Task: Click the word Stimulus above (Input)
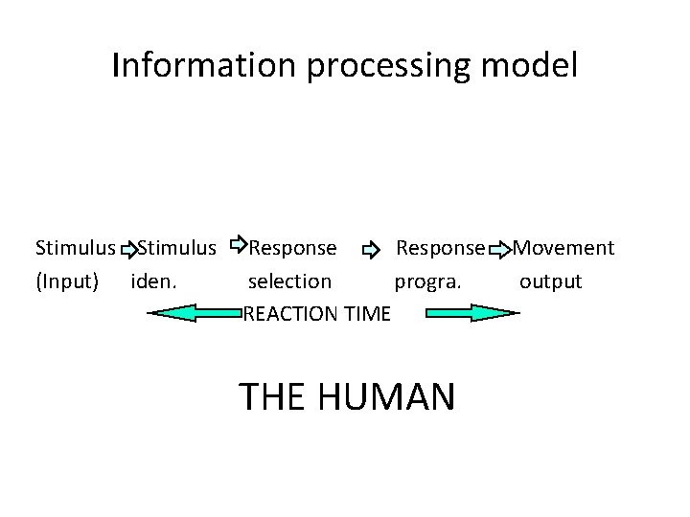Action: click(x=74, y=249)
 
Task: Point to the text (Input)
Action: click(x=66, y=281)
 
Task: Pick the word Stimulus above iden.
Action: click(x=176, y=249)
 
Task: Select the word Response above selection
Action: click(x=292, y=249)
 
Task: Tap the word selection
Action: click(x=289, y=281)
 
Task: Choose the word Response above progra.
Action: click(x=440, y=249)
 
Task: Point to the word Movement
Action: click(x=563, y=249)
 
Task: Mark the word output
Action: click(x=550, y=281)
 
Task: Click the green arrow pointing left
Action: click(x=192, y=313)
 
